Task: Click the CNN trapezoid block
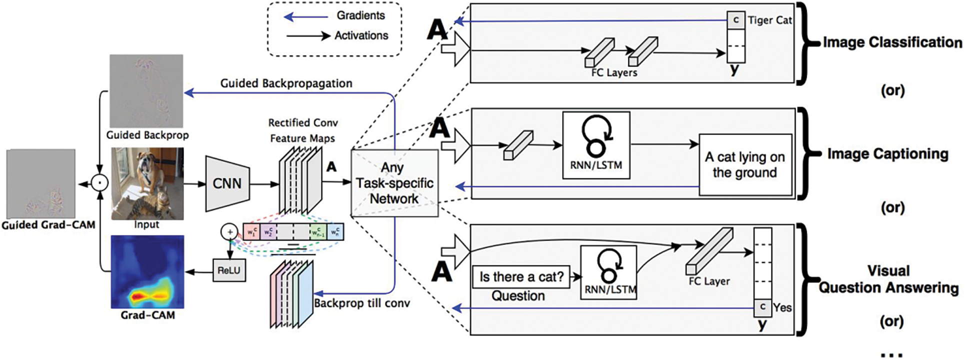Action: coord(227,183)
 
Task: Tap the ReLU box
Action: coord(229,270)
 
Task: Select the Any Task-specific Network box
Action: coord(394,183)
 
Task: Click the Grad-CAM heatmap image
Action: coord(147,272)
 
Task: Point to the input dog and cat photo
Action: coord(147,183)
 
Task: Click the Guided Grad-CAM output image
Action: coord(40,183)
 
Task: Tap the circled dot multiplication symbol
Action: coord(100,183)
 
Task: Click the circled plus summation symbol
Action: coord(229,231)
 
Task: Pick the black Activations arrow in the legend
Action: coord(308,35)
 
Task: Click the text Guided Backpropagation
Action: coord(286,83)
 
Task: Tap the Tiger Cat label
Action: coord(769,20)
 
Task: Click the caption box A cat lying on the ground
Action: coord(745,164)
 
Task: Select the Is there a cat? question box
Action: coord(521,276)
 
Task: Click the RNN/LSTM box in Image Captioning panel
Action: coord(596,145)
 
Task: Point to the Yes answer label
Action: coord(782,307)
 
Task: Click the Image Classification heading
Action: coord(892,42)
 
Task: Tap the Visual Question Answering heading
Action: coord(888,279)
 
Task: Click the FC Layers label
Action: coord(614,72)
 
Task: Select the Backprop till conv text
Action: coord(361,303)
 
